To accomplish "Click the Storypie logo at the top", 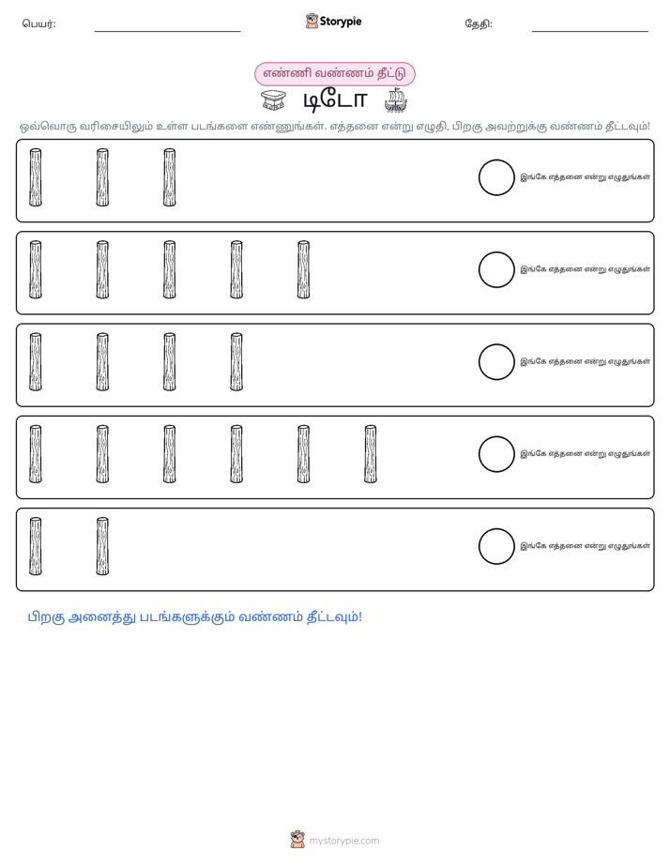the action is [333, 21].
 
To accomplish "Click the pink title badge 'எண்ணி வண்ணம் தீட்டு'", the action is [334, 73].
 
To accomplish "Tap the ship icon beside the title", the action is [396, 100].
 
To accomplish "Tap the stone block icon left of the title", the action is [274, 100].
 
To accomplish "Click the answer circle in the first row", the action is [496, 160].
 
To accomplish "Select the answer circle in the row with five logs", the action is [496, 251].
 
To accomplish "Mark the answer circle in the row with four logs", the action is [496, 344].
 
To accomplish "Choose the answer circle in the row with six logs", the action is [496, 436].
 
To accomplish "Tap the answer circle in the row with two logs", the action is [496, 528].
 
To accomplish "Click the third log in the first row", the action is [170, 177].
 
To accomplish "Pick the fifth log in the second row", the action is [303, 270].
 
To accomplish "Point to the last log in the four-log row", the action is [236, 362].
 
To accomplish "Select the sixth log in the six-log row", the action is [371, 454].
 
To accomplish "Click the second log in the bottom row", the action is [102, 546].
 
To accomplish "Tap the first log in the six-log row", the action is [36, 454].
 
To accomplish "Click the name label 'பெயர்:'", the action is [38, 23].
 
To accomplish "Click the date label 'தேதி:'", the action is [479, 23].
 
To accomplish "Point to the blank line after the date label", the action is [590, 32].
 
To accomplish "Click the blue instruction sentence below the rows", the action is [195, 617].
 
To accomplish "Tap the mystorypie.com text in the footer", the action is [343, 841].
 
